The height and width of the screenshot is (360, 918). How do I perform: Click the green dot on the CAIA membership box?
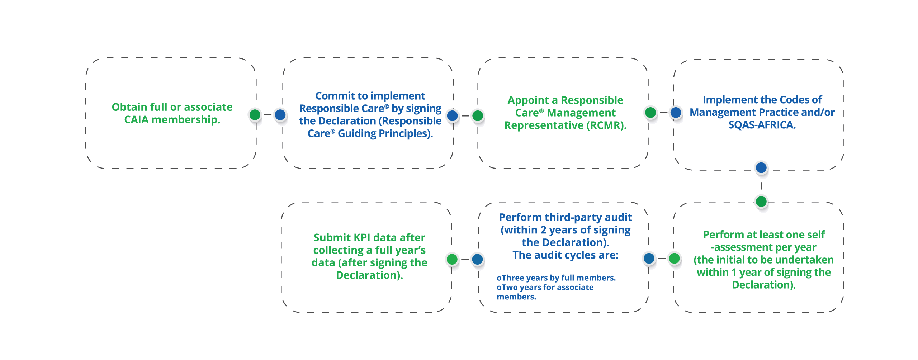[x=255, y=115]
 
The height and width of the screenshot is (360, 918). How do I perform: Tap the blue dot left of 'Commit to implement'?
[x=280, y=115]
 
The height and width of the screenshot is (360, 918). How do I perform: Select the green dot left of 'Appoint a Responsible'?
[x=478, y=115]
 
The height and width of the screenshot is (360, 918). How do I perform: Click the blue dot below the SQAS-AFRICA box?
[x=761, y=167]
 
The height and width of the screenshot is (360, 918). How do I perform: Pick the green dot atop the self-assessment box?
[x=761, y=202]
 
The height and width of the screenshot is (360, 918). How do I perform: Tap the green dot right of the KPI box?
[x=452, y=259]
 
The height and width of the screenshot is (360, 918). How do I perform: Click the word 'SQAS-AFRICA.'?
[x=762, y=125]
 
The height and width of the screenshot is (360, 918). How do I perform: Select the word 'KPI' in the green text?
[x=362, y=237]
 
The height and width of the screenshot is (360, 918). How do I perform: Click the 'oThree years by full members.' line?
[x=556, y=278]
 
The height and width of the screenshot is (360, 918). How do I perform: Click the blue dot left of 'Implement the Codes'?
[x=676, y=112]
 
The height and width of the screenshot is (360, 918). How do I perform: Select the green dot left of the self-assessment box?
[x=674, y=258]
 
